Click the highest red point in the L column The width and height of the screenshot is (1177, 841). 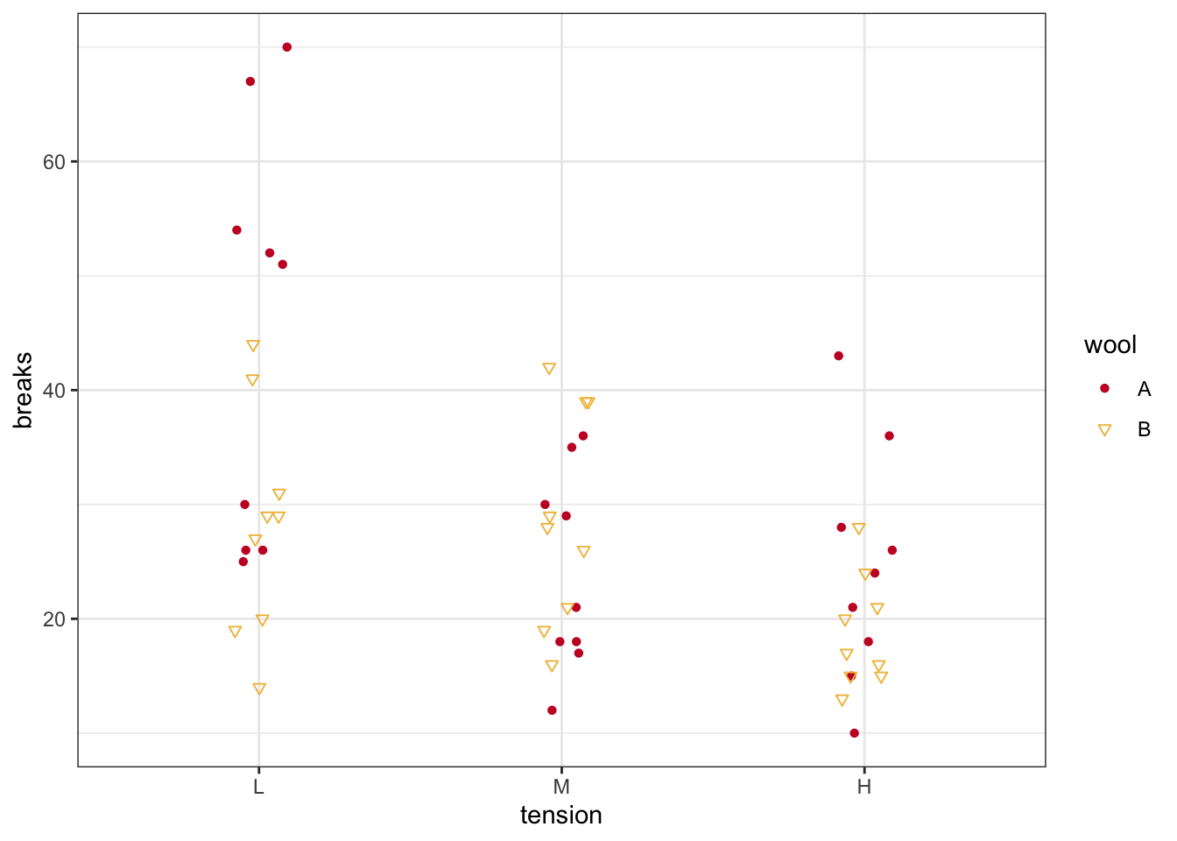pyautogui.click(x=286, y=47)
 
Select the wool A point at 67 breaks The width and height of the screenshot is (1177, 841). pyautogui.click(x=250, y=81)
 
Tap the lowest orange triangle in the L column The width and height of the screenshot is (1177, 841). pyautogui.click(x=259, y=689)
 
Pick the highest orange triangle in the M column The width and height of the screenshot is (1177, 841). pyautogui.click(x=549, y=369)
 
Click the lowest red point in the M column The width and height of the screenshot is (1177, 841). pyautogui.click(x=552, y=710)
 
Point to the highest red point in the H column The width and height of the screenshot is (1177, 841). pyautogui.click(x=839, y=356)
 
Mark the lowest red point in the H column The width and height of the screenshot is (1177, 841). pyautogui.click(x=854, y=733)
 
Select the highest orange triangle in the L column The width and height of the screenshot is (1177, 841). pyautogui.click(x=253, y=346)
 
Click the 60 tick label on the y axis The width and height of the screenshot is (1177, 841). pyautogui.click(x=54, y=162)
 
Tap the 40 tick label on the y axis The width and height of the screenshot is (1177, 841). pyautogui.click(x=54, y=391)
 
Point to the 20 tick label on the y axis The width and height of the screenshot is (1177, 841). pyautogui.click(x=54, y=619)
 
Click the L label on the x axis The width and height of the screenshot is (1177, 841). pyautogui.click(x=258, y=787)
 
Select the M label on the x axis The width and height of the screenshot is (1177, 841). pyautogui.click(x=561, y=787)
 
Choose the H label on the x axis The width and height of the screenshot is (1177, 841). pyautogui.click(x=864, y=787)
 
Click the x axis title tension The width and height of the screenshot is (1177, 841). pyautogui.click(x=561, y=816)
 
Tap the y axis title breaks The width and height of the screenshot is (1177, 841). pyautogui.click(x=24, y=390)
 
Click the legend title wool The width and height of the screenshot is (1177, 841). pyautogui.click(x=1110, y=345)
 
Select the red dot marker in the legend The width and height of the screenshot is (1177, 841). pyautogui.click(x=1104, y=389)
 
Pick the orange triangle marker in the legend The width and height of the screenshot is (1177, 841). pyautogui.click(x=1104, y=430)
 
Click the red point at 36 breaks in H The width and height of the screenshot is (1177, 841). pyautogui.click(x=889, y=436)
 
